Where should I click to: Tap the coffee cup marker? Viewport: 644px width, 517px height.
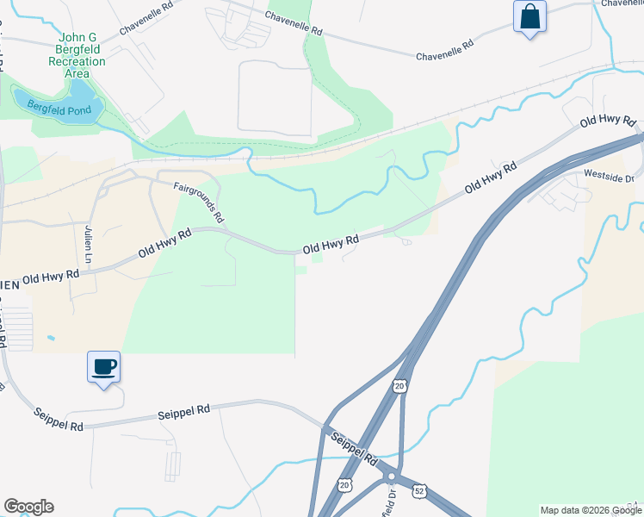[x=103, y=368]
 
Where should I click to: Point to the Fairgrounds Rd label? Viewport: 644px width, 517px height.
[x=198, y=201]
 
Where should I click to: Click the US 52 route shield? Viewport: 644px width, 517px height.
[x=418, y=489]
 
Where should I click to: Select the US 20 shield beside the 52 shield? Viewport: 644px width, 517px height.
[x=345, y=488]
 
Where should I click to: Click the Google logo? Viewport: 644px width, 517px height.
[x=28, y=507]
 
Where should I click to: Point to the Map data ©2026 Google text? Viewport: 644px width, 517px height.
[x=591, y=510]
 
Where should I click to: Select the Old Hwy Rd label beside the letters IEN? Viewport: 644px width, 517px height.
[x=51, y=278]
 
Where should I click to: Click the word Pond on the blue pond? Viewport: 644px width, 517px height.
[x=82, y=111]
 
